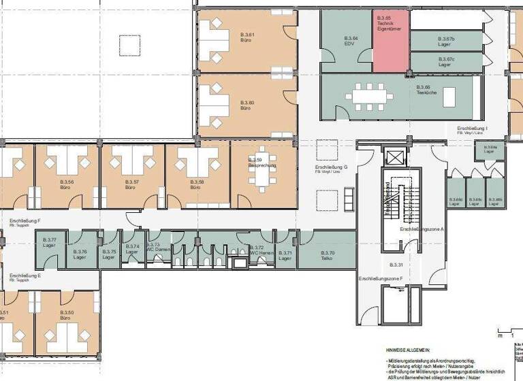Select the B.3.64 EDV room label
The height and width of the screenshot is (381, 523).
(351, 40)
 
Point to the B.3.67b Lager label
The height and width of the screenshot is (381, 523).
(445, 42)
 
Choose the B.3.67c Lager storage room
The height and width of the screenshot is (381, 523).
(445, 62)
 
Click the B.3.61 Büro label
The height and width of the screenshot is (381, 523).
(247, 37)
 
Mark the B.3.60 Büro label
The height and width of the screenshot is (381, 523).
(247, 105)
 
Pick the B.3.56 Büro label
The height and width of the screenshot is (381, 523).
(66, 184)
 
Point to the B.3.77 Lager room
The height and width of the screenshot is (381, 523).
(49, 242)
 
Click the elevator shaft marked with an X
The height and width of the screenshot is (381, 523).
(394, 158)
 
